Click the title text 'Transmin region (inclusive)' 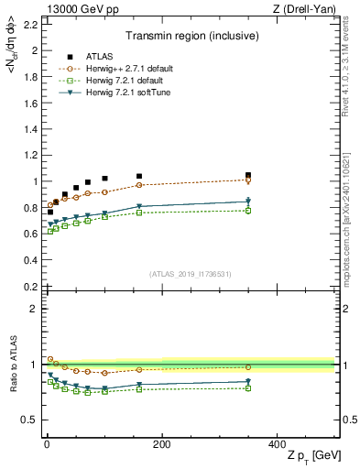[x=189, y=37]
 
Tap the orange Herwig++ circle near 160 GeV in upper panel [x=138, y=185]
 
